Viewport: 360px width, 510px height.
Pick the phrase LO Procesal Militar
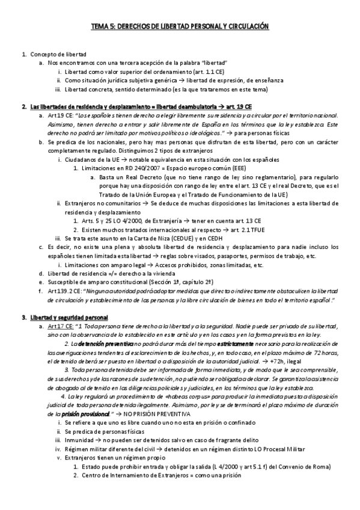[x=278, y=448]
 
